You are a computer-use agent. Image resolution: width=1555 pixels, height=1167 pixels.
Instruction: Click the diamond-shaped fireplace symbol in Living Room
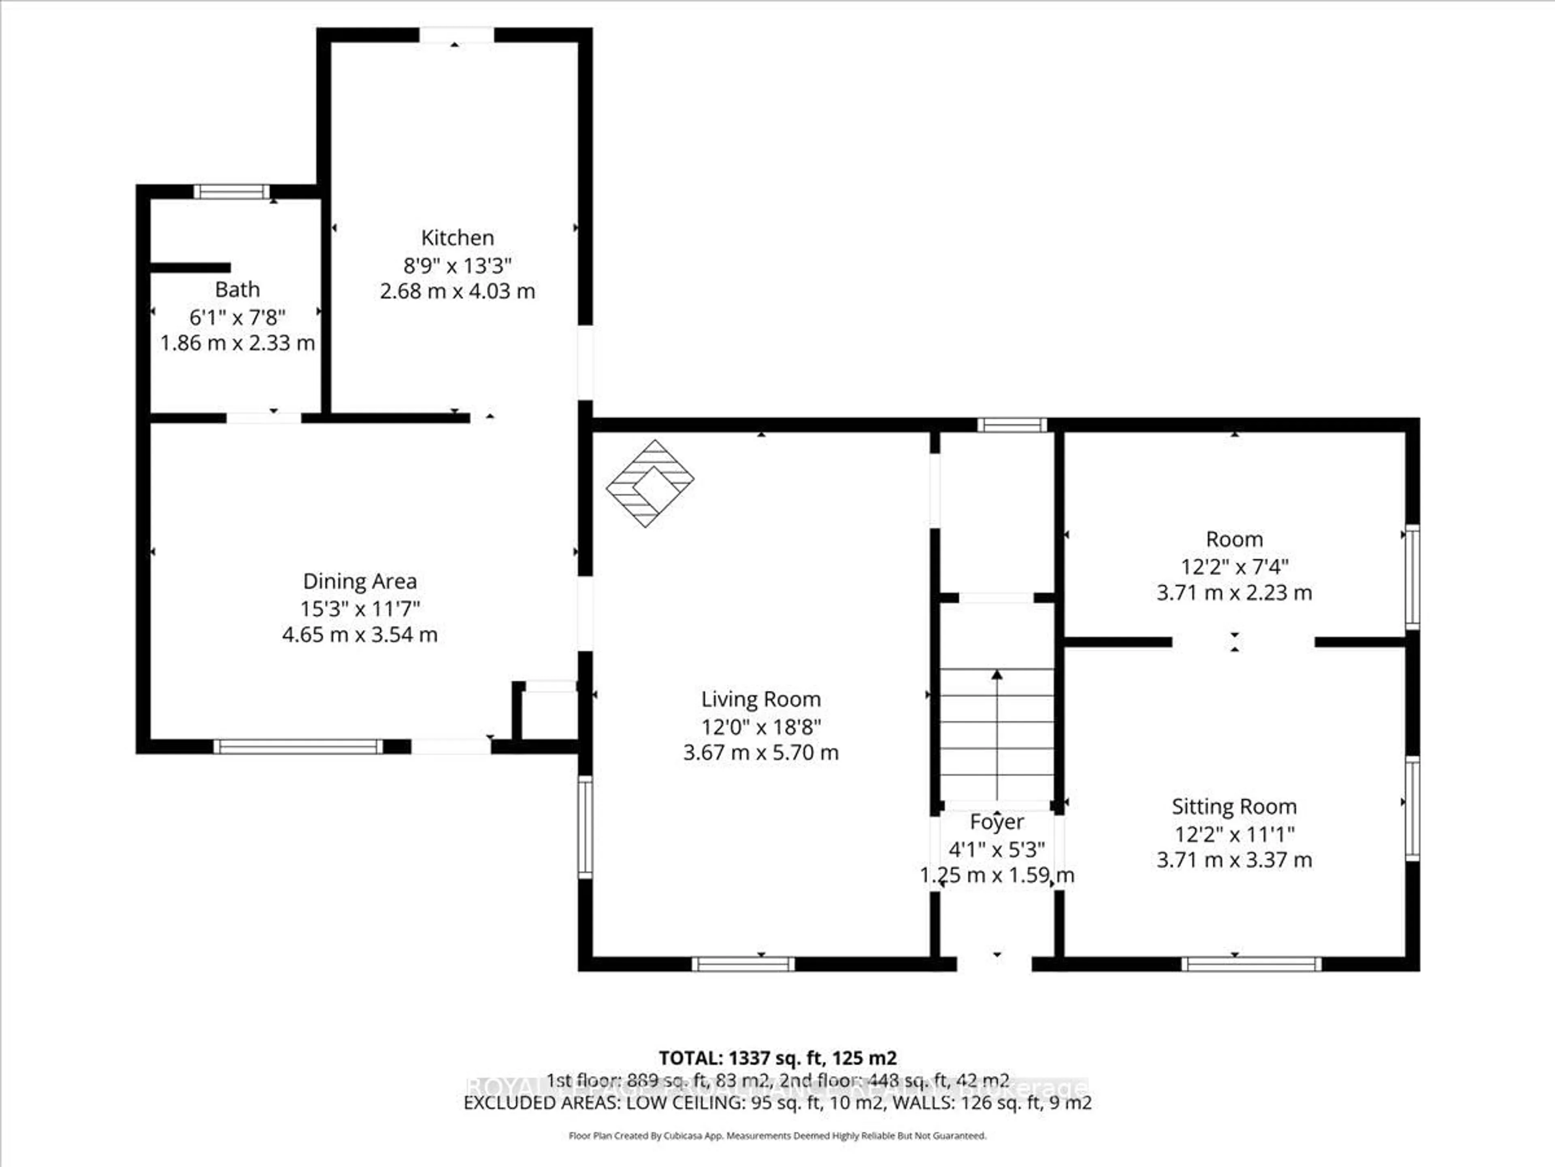[650, 483]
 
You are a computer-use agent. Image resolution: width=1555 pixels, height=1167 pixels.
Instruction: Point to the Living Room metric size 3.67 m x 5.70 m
[760, 753]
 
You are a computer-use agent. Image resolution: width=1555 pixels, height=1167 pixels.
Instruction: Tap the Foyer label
[997, 822]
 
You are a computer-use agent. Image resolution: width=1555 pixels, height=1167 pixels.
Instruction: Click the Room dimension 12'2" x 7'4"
[1234, 566]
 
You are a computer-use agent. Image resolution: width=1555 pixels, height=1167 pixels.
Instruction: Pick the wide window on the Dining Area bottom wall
[298, 746]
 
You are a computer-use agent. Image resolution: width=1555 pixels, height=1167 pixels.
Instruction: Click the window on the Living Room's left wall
[585, 827]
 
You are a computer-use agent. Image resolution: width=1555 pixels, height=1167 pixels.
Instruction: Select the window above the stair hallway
[1012, 425]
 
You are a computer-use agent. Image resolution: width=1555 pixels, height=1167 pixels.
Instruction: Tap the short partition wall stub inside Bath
[190, 267]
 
